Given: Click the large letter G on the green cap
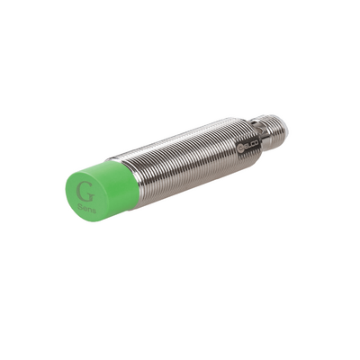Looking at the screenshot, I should [86, 192].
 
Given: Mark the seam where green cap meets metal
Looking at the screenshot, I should [136, 180].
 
